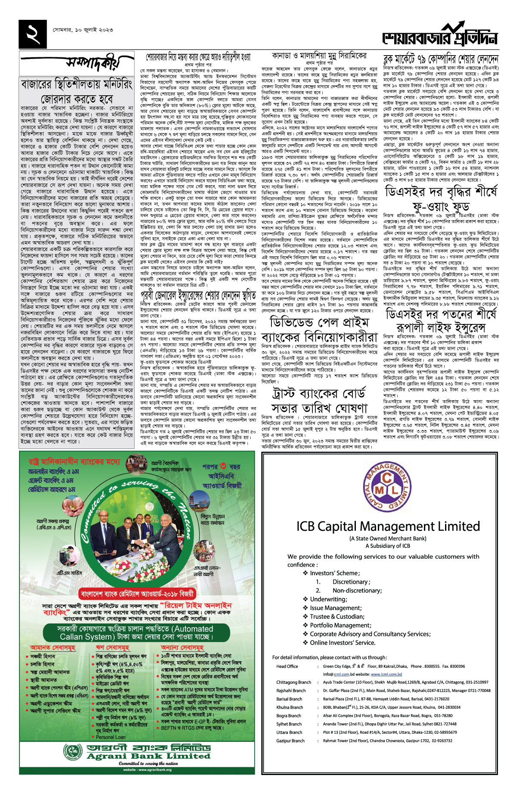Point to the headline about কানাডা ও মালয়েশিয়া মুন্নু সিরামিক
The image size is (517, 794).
(319, 56)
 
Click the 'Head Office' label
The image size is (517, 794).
(287, 666)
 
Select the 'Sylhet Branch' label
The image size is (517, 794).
(289, 724)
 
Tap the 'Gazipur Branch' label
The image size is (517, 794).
(290, 741)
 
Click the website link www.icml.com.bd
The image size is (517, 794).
(386, 674)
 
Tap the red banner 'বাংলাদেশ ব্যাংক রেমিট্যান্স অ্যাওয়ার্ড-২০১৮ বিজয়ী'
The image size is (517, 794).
(137, 595)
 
